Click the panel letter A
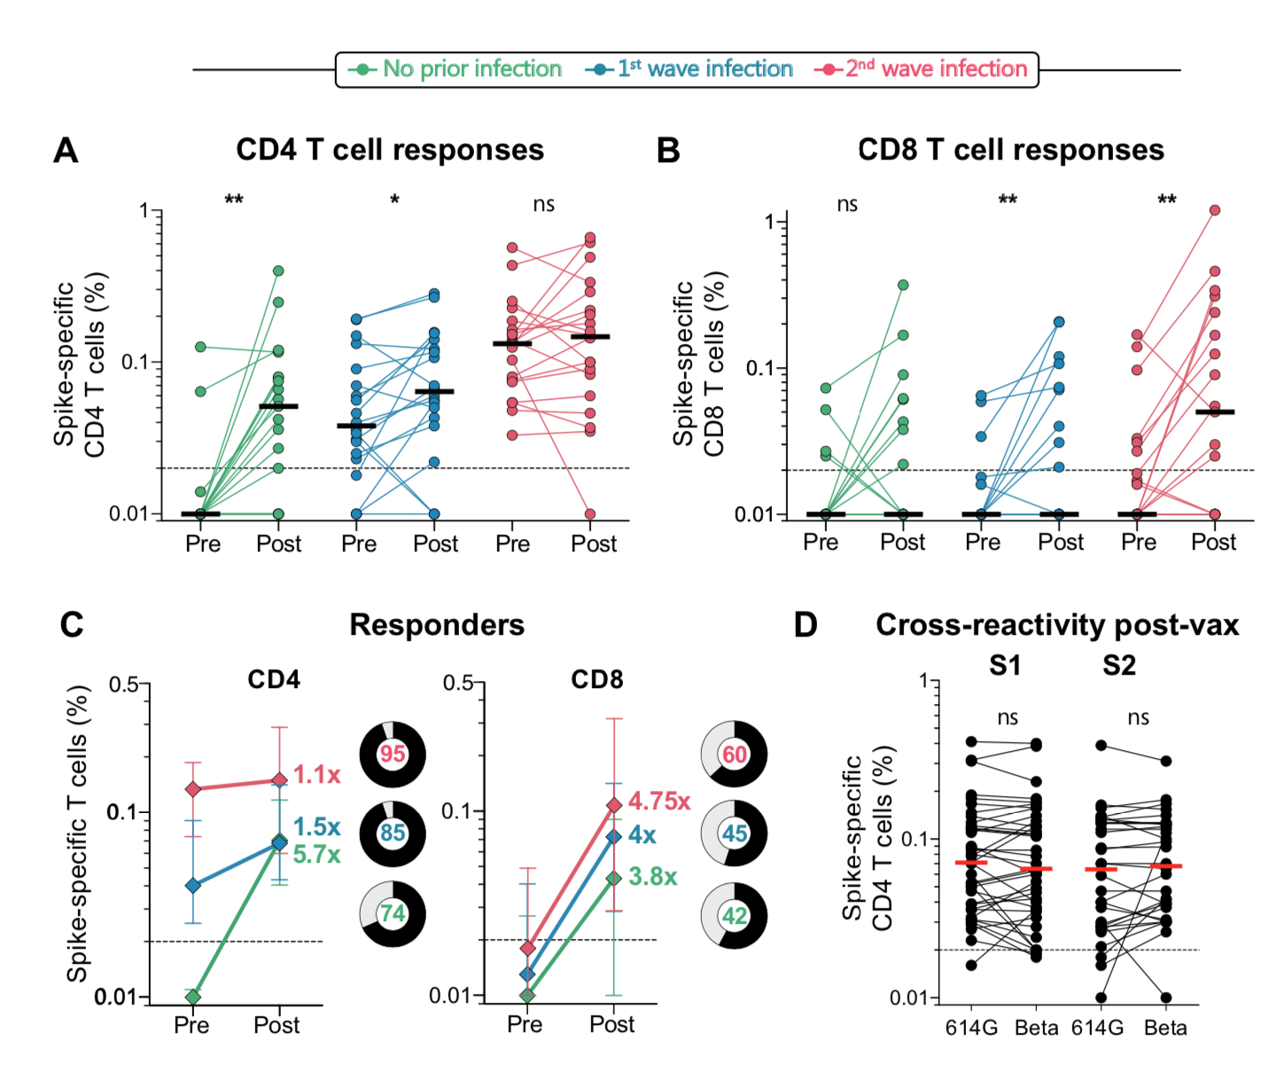(66, 151)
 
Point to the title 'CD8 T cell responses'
(1011, 150)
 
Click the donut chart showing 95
(393, 755)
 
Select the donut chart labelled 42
(735, 915)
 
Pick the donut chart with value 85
(393, 833)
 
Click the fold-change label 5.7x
(316, 855)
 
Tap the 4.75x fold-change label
(658, 802)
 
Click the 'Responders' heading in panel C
(437, 625)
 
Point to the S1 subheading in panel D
(1005, 665)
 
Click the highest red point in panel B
(1214, 210)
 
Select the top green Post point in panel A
(278, 270)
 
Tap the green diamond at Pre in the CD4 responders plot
(193, 997)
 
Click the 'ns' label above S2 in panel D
(1138, 717)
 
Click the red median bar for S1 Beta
(1035, 868)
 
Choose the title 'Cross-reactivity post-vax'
(1057, 625)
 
